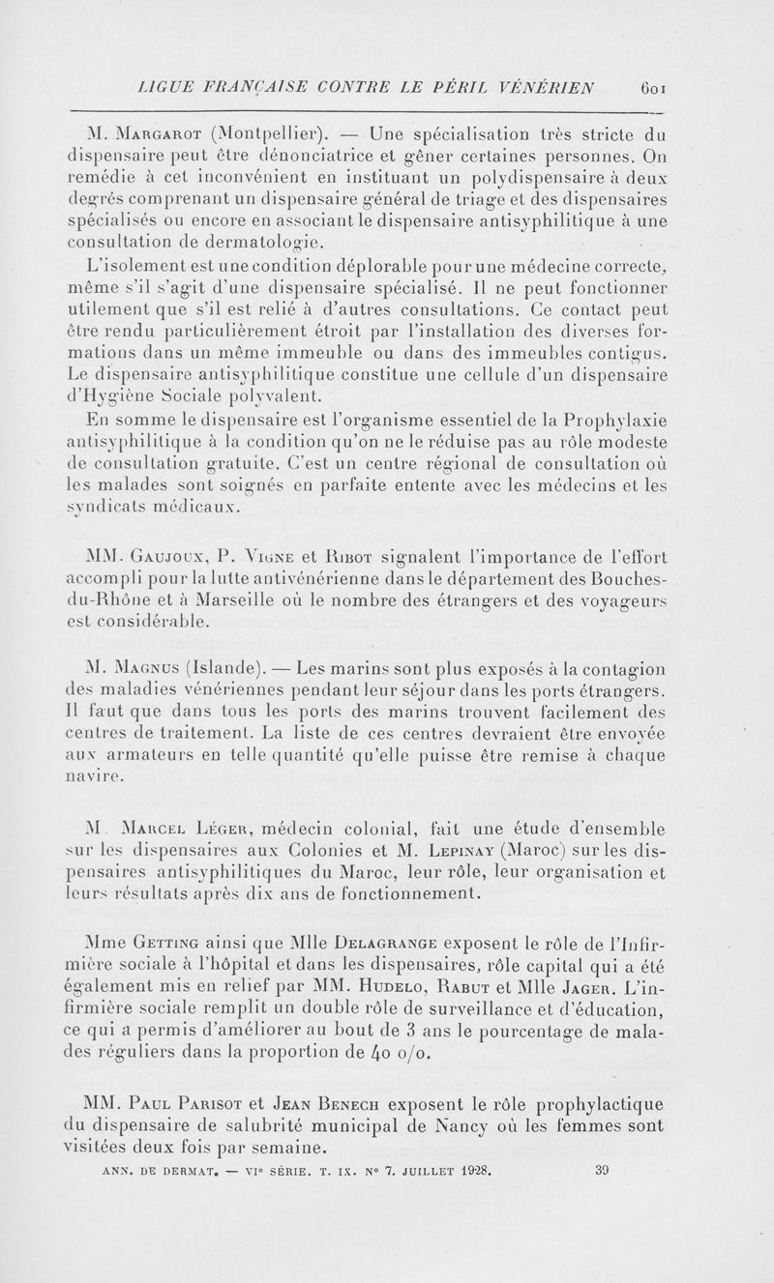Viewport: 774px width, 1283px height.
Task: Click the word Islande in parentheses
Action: click(223, 669)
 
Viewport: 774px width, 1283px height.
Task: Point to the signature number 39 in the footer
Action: click(602, 1168)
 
